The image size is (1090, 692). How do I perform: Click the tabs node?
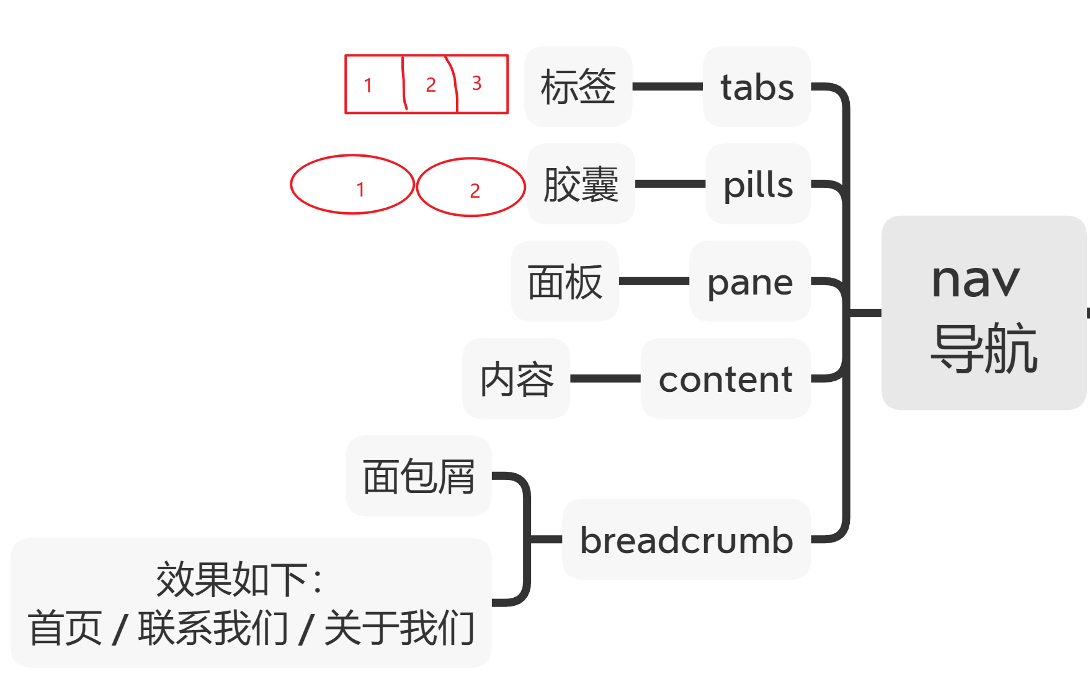[x=757, y=86]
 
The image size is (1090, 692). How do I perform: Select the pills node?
[x=758, y=184]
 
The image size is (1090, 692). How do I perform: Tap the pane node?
[x=750, y=281]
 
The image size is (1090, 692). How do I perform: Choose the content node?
[x=726, y=378]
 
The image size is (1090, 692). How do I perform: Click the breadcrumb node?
[x=686, y=539]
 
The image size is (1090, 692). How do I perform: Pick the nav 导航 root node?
[x=984, y=313]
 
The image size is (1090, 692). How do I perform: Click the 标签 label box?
[x=578, y=86]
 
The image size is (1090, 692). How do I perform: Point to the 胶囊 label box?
[x=581, y=184]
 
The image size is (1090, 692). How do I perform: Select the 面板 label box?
[x=565, y=281]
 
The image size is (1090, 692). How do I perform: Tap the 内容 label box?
[x=516, y=378]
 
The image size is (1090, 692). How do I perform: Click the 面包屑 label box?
[x=419, y=476]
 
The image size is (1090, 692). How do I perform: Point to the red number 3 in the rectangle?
[x=476, y=83]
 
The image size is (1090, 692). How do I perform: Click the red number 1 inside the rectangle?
[x=368, y=85]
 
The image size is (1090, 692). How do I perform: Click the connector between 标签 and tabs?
[x=668, y=86]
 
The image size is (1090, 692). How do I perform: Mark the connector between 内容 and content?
[x=605, y=378]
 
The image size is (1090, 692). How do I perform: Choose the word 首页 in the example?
[x=65, y=628]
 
